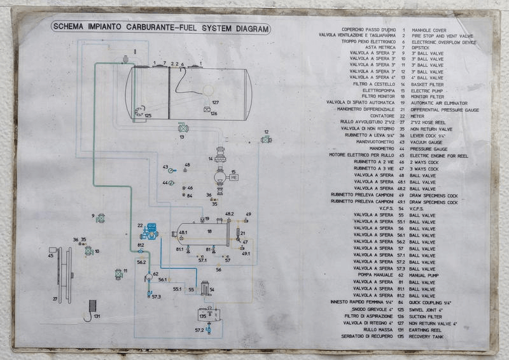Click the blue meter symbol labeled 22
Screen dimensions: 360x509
tap(151, 231)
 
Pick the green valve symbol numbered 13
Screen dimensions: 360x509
tap(183, 128)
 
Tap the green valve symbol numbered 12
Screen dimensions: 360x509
tap(266, 139)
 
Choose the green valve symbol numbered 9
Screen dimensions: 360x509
tap(101, 218)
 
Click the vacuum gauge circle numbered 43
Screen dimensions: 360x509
tap(173, 169)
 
